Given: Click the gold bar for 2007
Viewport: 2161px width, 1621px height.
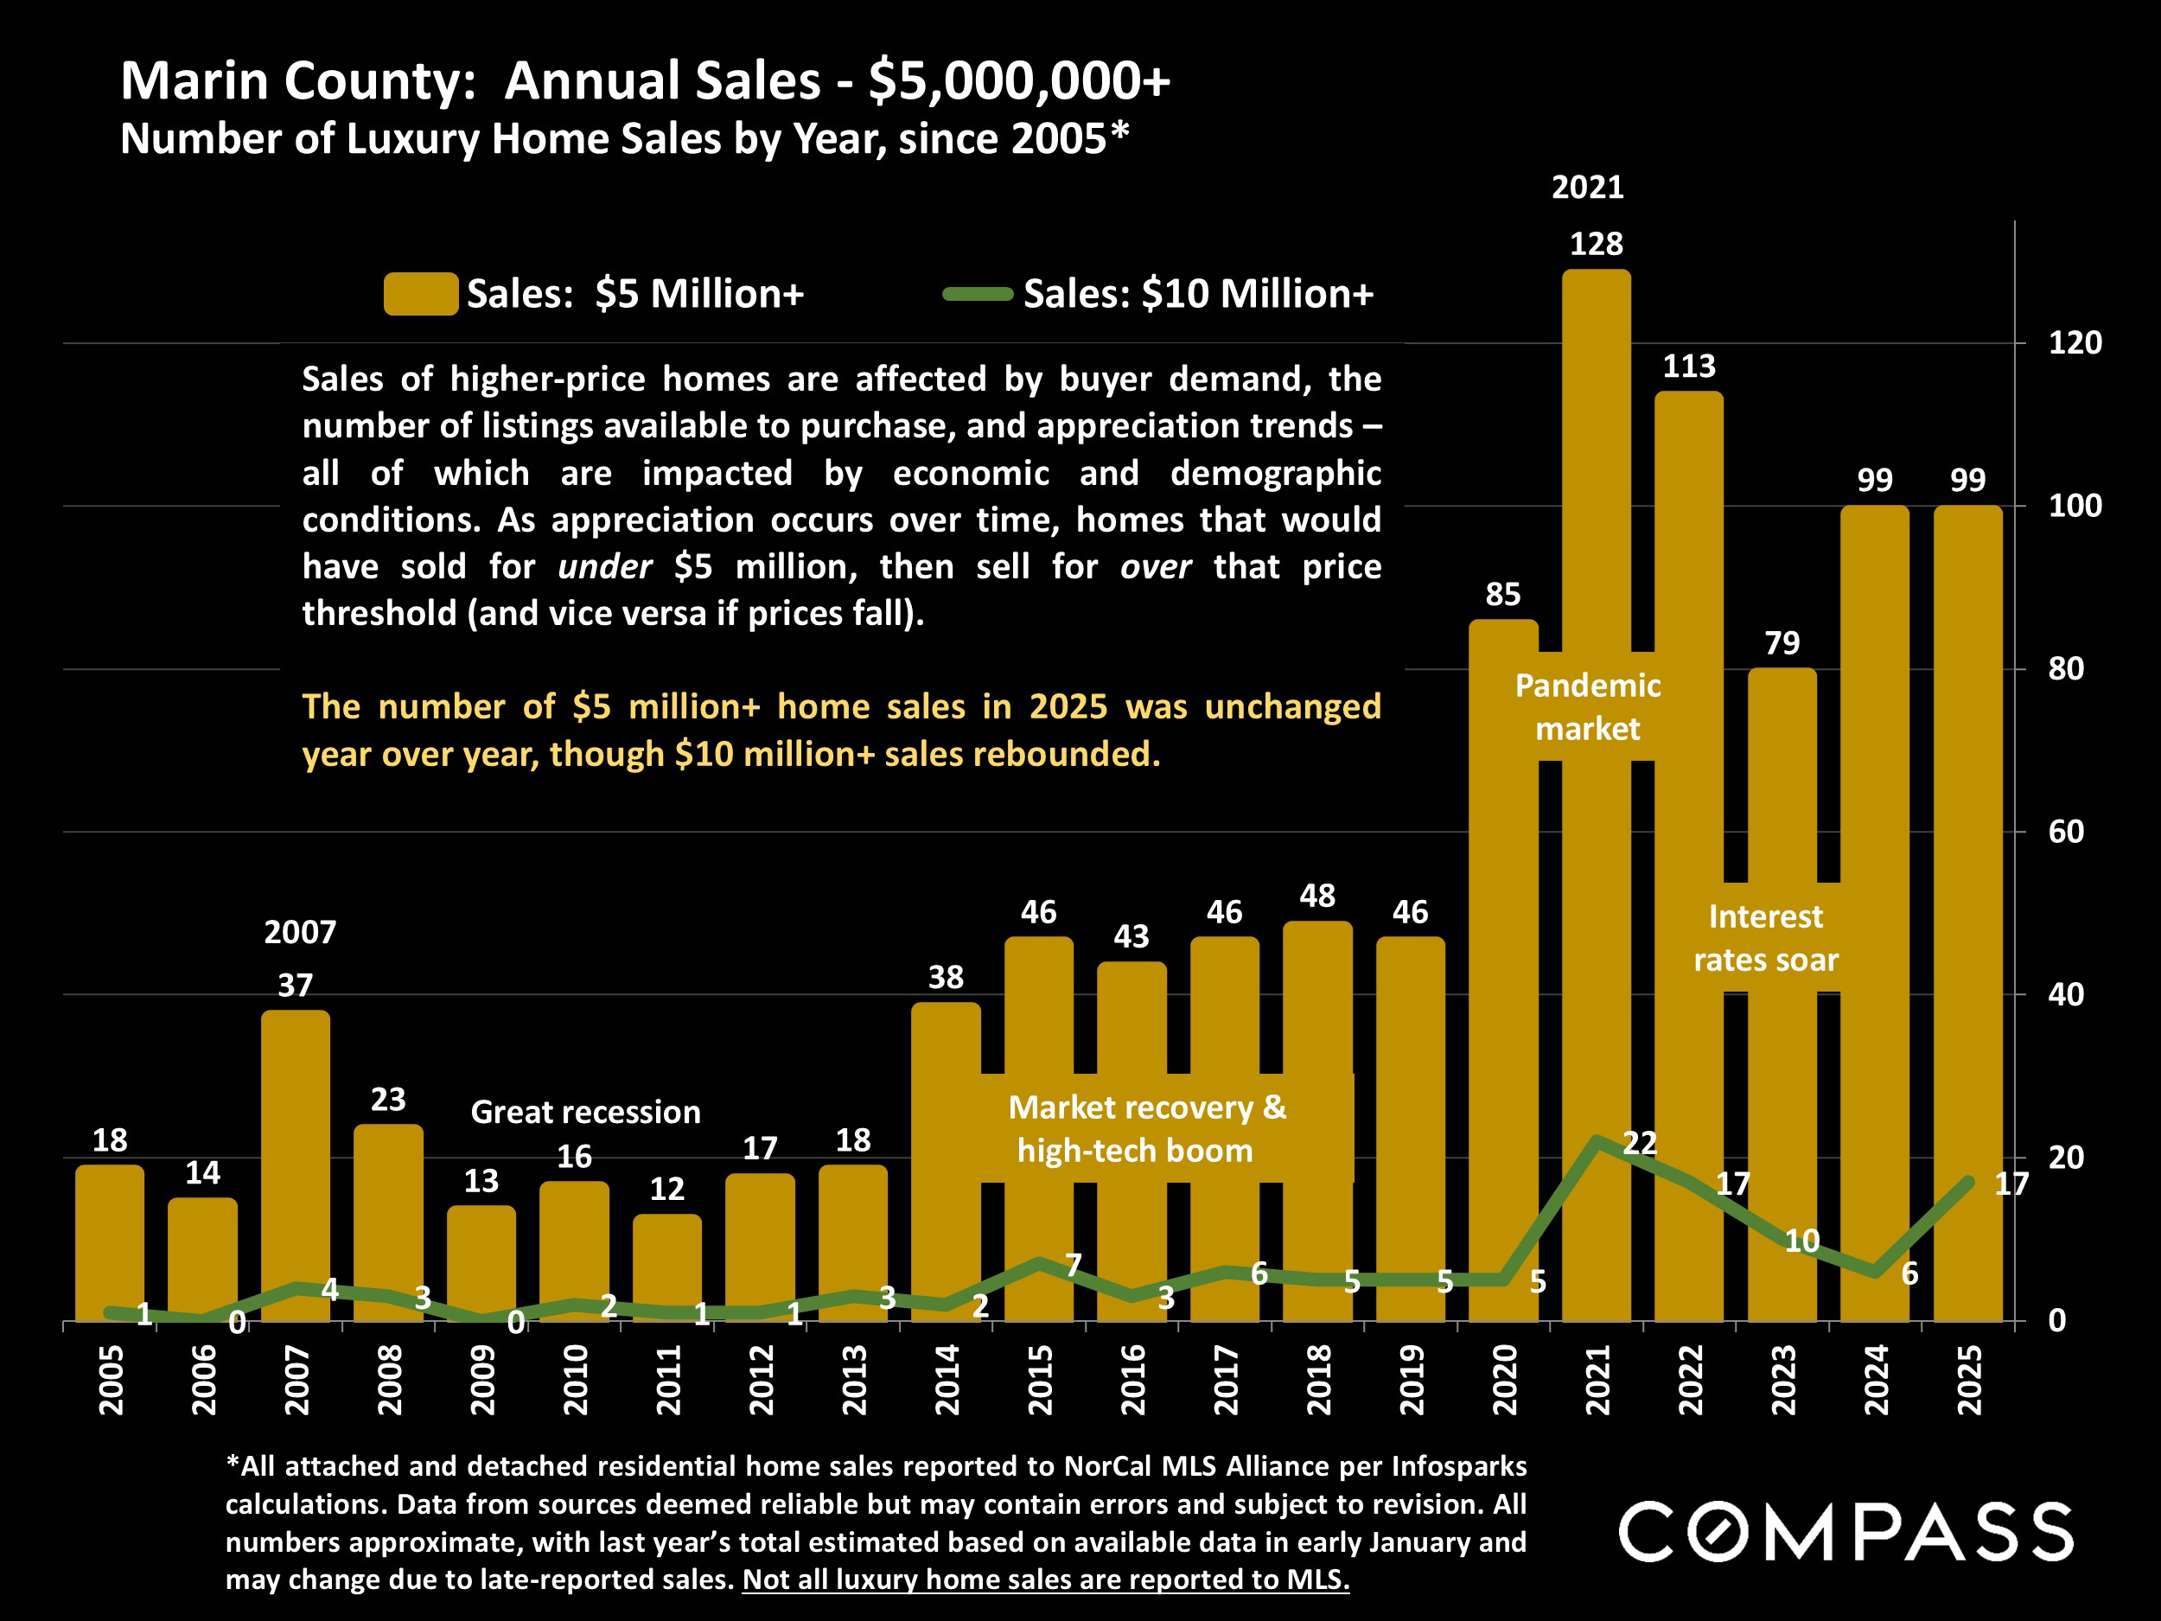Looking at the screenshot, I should point(295,1163).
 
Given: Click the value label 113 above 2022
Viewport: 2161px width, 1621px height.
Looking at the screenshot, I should point(1688,367).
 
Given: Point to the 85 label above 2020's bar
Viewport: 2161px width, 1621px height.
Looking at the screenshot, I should point(1502,594).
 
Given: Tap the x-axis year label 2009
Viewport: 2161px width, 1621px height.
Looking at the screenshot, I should point(482,1380).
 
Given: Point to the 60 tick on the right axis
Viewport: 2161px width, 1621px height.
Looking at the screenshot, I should point(2065,832).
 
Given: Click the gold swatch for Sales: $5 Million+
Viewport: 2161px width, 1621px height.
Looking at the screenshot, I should point(421,294).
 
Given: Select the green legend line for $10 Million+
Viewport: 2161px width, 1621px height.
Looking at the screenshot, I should point(977,294).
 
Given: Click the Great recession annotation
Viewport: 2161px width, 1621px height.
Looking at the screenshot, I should point(585,1112).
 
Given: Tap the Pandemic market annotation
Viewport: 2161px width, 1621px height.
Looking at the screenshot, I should point(1588,706).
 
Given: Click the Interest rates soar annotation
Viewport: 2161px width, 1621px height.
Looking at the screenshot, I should point(1765,938).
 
